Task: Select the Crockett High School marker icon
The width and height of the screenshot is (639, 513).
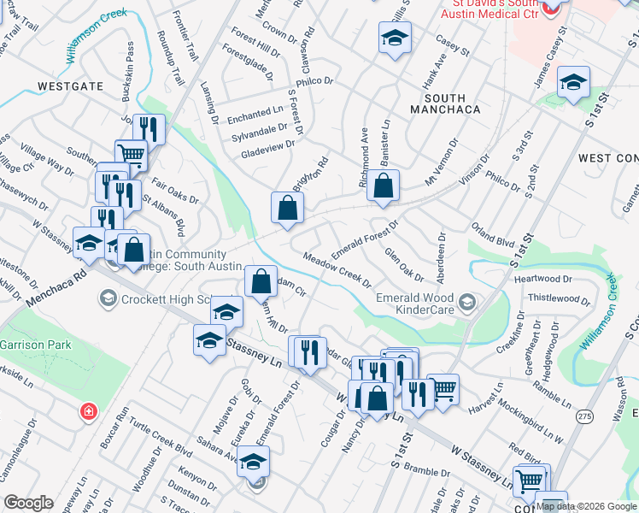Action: point(108,298)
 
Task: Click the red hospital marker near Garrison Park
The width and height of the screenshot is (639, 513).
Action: point(88,413)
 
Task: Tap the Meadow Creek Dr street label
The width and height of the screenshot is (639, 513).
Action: point(337,269)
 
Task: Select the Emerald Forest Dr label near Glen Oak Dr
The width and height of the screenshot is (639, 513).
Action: point(365,238)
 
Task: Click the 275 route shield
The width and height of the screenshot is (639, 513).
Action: point(584,416)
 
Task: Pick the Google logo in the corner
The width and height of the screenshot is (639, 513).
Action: point(28,503)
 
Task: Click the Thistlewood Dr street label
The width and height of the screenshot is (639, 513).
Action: point(559,298)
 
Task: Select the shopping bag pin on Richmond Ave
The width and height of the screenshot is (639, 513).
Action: point(384,186)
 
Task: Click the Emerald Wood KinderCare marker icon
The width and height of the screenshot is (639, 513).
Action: point(466,302)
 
